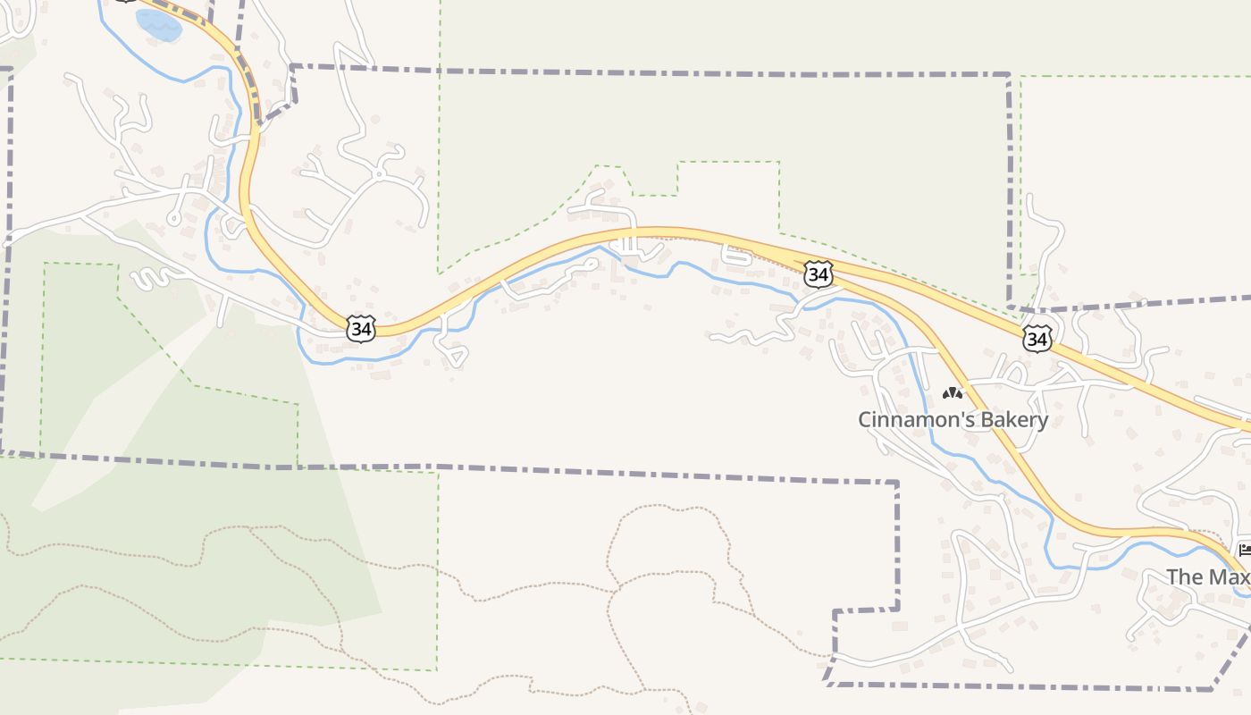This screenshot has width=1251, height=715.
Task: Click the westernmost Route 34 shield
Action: coord(360,329)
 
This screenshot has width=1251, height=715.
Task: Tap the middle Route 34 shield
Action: coord(818,273)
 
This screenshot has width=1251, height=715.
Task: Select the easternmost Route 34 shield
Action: coord(1037,339)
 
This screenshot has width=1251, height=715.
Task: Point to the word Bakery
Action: coord(1012,419)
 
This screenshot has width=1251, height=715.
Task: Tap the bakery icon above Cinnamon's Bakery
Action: coord(953,392)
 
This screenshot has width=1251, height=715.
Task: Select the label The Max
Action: coord(1207,576)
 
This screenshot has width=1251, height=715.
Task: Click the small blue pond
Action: coord(159,25)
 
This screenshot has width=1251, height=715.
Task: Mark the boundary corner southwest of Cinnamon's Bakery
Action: coord(896,484)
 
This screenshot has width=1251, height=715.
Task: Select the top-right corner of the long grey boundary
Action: coord(1008,75)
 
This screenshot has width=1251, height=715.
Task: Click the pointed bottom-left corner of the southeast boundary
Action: coord(827,685)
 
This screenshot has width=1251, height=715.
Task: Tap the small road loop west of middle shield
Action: coord(735,254)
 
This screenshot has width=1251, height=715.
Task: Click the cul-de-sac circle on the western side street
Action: coord(174,218)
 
